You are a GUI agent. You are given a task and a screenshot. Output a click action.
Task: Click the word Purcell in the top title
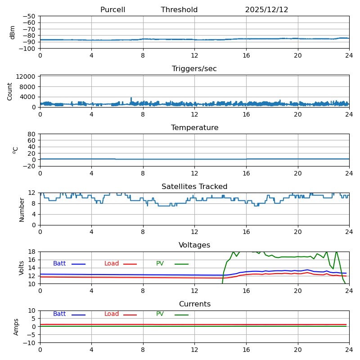coord(112,10)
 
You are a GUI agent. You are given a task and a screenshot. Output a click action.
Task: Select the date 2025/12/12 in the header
coord(266,10)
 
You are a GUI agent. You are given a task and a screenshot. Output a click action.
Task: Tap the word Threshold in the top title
coord(179,10)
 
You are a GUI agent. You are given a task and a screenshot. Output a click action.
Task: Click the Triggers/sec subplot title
coord(194,69)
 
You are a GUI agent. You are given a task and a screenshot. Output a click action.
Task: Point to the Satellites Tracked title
coord(194,187)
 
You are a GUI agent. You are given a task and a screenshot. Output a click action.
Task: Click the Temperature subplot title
coord(194,128)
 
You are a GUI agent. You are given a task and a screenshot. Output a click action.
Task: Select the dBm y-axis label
coord(13,32)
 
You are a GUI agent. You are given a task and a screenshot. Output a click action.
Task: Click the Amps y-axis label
coord(16,327)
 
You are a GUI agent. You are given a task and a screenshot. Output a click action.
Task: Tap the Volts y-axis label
coord(22,268)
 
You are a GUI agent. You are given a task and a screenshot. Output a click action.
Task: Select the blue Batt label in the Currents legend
coord(59,314)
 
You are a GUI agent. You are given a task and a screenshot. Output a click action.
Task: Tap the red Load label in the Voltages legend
coord(112,264)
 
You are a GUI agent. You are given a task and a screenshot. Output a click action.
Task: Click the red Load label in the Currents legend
coord(112,314)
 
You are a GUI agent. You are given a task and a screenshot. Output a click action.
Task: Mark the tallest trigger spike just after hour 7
coord(131,98)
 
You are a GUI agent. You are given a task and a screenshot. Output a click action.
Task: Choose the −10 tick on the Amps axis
coord(30,343)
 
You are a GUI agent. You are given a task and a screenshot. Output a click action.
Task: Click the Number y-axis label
coord(22,209)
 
